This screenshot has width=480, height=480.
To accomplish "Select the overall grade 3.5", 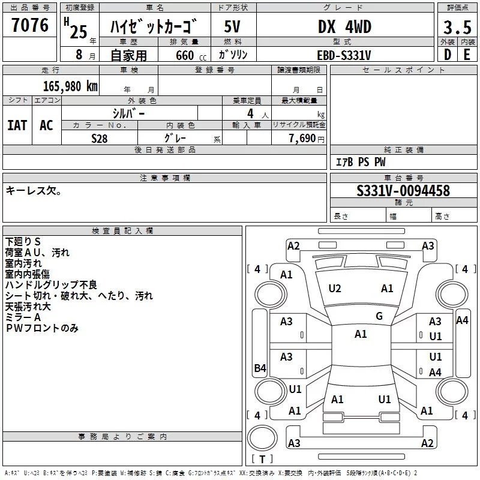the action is pyautogui.click(x=457, y=27).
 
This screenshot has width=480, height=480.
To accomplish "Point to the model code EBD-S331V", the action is pyautogui.click(x=344, y=55).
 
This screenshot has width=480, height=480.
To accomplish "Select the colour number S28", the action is pyautogui.click(x=100, y=137).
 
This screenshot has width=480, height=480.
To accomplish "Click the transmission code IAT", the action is pyautogui.click(x=17, y=125).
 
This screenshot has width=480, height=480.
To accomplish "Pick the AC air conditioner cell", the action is pyautogui.click(x=46, y=125).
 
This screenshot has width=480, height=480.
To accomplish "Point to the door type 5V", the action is pyautogui.click(x=233, y=27).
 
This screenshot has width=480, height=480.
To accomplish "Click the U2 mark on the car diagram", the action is pyautogui.click(x=335, y=289).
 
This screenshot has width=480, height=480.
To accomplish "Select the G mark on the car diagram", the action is pyautogui.click(x=379, y=316).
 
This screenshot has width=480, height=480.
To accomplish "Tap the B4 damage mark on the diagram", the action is pyautogui.click(x=260, y=368).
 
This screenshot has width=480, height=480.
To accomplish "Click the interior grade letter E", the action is pyautogui.click(x=466, y=55).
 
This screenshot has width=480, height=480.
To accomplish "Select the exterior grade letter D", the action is pyautogui.click(x=447, y=55).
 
